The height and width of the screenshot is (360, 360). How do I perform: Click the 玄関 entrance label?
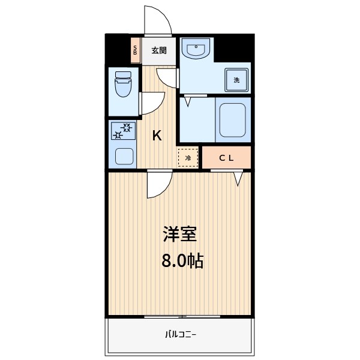pos(159,50)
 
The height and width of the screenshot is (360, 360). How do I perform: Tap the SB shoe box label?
pos(135,50)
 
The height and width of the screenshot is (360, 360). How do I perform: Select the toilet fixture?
pos(122,84)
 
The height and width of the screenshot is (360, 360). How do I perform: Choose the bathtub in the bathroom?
pos(233,120)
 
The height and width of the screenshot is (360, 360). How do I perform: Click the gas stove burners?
pos(122,130)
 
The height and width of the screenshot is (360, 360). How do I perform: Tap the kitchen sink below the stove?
pos(124,157)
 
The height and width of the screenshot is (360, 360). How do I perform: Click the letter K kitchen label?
pos(157,136)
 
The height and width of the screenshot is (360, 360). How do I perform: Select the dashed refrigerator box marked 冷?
pos(188,158)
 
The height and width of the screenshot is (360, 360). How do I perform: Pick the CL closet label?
pos(226,158)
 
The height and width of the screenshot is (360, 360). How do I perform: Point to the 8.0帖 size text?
pos(182,261)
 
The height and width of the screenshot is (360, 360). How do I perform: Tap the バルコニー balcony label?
pos(181,334)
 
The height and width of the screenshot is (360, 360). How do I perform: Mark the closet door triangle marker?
pos(238,178)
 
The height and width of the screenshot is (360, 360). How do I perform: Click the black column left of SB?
pos(118,49)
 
